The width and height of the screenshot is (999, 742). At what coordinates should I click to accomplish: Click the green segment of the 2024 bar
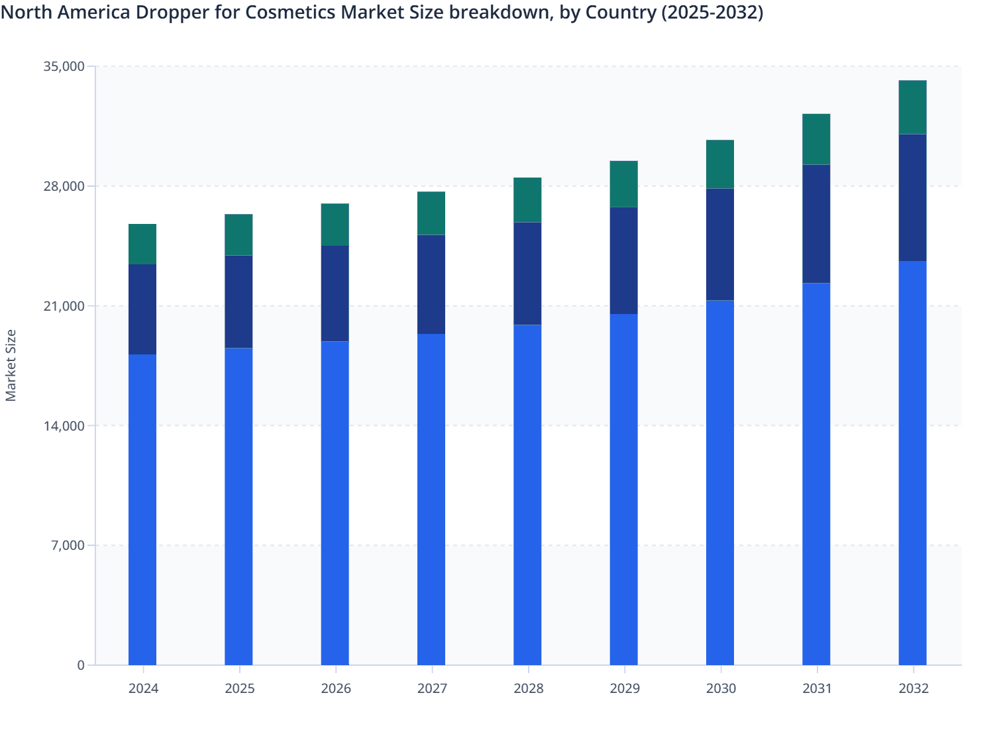point(142,244)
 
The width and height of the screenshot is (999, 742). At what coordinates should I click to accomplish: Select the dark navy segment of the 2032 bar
point(912,197)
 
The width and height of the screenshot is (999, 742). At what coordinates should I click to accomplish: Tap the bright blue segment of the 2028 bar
point(527,495)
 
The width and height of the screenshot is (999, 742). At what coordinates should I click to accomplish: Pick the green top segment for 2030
point(720,164)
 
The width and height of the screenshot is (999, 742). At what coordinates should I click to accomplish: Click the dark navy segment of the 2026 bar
point(335,293)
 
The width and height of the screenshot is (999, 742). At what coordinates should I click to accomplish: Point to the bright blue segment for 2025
point(238,506)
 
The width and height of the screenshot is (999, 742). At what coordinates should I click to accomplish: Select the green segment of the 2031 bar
point(816,139)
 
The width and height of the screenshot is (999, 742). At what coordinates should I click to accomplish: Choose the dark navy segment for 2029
point(623,260)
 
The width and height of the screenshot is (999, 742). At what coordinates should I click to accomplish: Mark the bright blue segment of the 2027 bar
point(431,500)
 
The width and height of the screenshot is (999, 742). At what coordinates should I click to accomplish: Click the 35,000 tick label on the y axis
point(64,66)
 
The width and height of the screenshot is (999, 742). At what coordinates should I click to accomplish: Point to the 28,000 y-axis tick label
point(64,186)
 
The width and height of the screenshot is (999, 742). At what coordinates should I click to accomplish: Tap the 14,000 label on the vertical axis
point(64,426)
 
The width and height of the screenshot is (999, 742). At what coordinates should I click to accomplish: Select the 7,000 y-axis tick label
point(67,546)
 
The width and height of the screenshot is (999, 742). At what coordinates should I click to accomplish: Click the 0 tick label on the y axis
point(81,665)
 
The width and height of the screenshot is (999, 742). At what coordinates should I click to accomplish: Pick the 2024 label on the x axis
point(143,688)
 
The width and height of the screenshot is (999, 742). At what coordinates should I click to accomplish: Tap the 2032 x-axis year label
point(913,688)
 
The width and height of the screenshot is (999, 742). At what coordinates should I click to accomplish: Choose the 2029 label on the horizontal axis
point(624,688)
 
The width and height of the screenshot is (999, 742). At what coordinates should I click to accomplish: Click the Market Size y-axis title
point(11,365)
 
